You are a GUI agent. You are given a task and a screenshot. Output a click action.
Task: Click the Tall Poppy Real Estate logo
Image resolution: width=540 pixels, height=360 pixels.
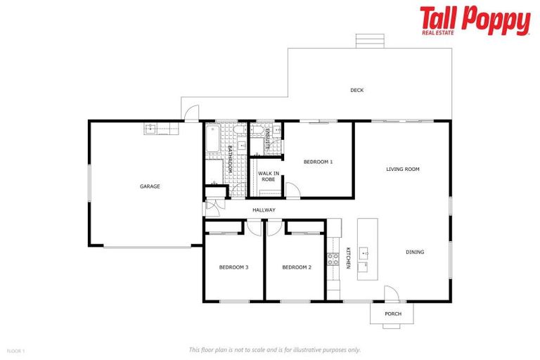pos(475,20)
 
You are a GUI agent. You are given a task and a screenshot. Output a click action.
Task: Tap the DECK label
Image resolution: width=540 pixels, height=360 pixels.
pos(357,90)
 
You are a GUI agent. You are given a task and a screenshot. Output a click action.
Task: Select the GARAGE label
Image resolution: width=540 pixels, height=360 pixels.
pos(150,186)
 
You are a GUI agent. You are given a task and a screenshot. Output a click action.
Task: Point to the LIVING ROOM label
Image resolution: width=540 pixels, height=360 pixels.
pos(403,169)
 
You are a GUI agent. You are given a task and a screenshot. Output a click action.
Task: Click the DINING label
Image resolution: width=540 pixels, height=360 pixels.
pos(415,252)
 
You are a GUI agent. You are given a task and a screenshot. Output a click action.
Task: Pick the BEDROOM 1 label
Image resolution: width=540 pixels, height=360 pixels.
pos(318,162)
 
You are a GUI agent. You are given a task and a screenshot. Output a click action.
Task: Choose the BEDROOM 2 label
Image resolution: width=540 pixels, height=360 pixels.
pos(297,267)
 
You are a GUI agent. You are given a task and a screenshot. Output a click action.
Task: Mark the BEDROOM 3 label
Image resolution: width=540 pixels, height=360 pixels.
pos(233,267)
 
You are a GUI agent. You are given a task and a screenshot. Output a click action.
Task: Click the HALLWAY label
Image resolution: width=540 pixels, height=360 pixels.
pos(264,210)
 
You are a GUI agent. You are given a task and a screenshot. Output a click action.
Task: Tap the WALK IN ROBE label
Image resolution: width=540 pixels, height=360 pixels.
pos(268,176)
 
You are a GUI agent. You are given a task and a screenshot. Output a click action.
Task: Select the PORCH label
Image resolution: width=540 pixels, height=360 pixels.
pos(393,314)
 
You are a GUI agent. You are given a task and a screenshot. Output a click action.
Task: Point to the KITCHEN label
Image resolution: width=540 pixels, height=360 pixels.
pos(347,257)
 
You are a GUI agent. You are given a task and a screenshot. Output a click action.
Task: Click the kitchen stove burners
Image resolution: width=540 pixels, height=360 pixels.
pos(333,259)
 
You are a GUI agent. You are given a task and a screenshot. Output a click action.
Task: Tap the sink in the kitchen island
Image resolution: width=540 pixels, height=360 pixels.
pos(364,250)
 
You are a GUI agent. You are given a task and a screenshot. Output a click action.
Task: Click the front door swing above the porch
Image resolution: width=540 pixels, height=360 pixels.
pos(391,294)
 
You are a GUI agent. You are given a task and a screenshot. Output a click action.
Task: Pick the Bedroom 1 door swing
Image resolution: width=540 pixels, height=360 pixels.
pos(292,190)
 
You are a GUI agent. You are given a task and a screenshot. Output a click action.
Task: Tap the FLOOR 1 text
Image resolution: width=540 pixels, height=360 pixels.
pos(16,349)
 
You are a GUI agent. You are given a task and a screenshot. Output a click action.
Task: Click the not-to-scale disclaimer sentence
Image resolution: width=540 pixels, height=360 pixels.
pos(275,349)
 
